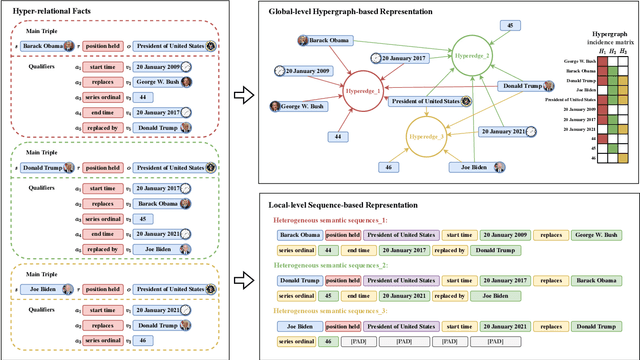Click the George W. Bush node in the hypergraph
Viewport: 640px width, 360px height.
coord(307,105)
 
